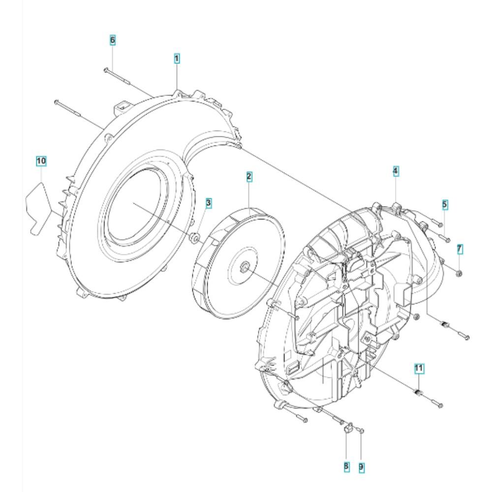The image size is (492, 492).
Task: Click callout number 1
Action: (177, 59)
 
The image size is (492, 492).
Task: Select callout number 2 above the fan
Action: (249, 177)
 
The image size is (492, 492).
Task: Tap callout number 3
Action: (208, 203)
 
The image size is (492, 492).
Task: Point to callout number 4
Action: (396, 171)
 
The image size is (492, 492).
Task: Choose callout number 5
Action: (445, 205)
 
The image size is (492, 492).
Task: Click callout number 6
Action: (112, 40)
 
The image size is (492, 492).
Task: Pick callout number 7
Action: (460, 249)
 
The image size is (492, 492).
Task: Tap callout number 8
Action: (346, 466)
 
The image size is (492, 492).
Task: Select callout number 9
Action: (361, 467)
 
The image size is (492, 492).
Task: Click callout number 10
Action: (41, 161)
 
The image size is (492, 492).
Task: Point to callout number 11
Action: (419, 368)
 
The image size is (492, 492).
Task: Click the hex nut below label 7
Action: (459, 274)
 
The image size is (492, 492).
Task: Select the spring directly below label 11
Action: (418, 392)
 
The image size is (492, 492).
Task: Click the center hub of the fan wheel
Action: (244, 267)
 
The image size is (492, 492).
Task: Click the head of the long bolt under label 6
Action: (106, 70)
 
